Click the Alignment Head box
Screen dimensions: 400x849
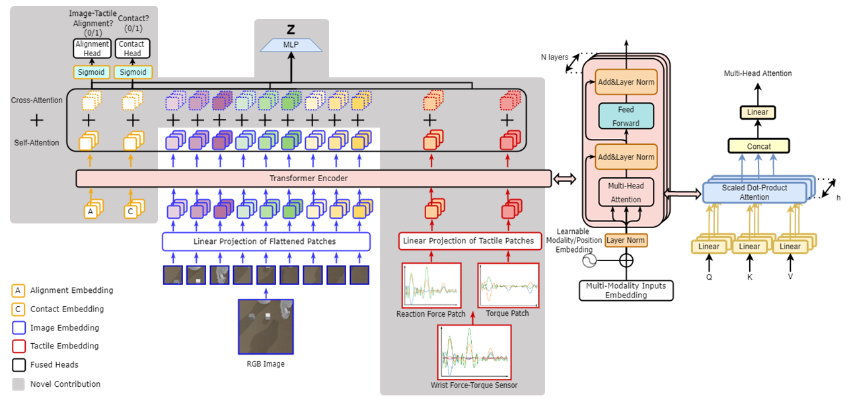[x=92, y=48]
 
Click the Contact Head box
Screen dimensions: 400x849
[x=133, y=48]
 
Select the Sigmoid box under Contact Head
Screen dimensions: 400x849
[x=133, y=72]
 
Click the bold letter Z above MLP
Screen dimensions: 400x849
[x=291, y=30]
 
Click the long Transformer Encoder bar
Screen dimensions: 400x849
[x=313, y=179]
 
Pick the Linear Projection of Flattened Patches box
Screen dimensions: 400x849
[x=266, y=241]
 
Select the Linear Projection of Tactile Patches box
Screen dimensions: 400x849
[x=468, y=241]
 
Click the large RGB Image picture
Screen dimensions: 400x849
[x=266, y=326]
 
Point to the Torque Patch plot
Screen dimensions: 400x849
[x=508, y=285]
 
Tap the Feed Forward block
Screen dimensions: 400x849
[x=625, y=115]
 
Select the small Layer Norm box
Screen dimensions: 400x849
[x=626, y=240]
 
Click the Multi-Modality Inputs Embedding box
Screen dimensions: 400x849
[x=626, y=290]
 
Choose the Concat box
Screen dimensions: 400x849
[x=758, y=145]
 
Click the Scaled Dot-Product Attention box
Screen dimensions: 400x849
[x=754, y=192]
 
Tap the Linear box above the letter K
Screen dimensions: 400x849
[x=749, y=247]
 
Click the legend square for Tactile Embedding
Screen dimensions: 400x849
[x=18, y=346]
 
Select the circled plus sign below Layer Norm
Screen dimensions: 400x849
[x=626, y=260]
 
